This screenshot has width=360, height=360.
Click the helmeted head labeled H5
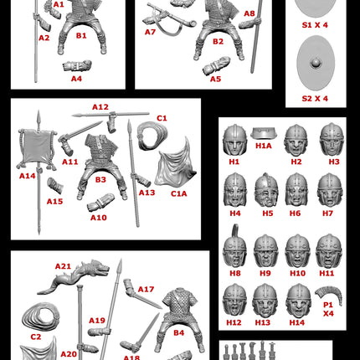(x=267, y=190)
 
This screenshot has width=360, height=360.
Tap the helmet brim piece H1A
(x=264, y=133)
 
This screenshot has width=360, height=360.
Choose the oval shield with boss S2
(x=316, y=63)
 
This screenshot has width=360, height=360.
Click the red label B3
(x=100, y=179)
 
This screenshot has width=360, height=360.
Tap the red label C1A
(x=179, y=193)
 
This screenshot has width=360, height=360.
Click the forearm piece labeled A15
(x=55, y=185)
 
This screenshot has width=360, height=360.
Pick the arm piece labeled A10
(x=100, y=203)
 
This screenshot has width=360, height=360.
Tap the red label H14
(x=297, y=322)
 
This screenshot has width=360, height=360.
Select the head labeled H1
(x=235, y=140)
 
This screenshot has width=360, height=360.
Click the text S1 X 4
(x=315, y=25)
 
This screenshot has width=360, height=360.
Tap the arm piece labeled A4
(x=77, y=66)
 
